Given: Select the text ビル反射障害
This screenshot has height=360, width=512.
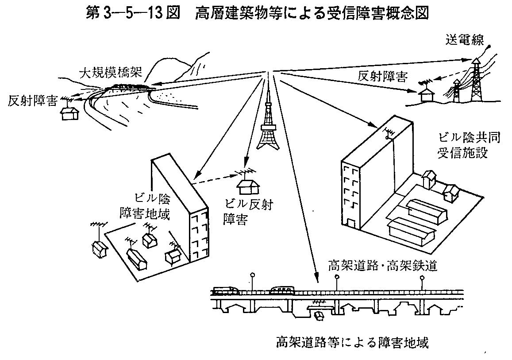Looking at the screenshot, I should tap(247, 211).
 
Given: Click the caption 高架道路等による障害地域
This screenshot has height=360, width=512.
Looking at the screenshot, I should tap(352, 342).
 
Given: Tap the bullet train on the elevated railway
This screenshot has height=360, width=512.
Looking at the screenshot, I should tap(226, 290).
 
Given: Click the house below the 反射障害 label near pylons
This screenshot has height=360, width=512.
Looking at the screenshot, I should tap(427, 94).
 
